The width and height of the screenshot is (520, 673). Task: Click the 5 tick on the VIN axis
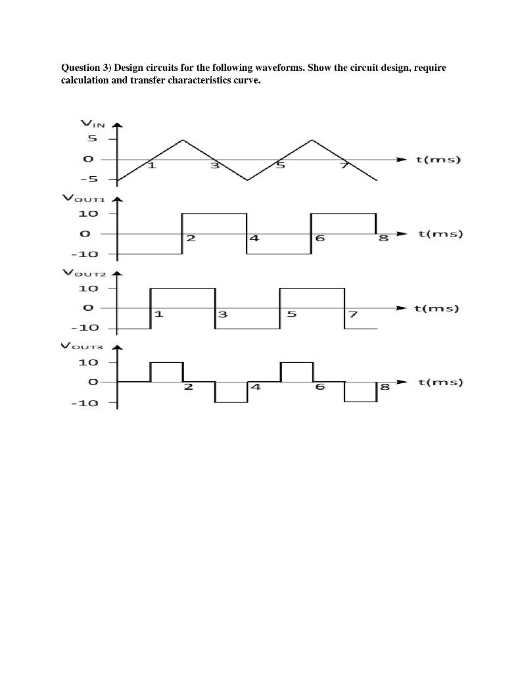pyautogui.click(x=92, y=139)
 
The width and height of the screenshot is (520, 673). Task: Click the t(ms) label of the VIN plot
pyautogui.click(x=439, y=160)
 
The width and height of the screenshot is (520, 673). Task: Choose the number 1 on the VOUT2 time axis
pyautogui.click(x=158, y=313)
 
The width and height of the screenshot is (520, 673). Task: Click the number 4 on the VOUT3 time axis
pyautogui.click(x=255, y=387)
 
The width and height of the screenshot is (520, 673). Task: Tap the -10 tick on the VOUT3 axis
pyautogui.click(x=85, y=402)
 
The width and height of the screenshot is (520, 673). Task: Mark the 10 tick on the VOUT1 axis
pyautogui.click(x=88, y=214)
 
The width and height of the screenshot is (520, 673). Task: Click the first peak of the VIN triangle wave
pyautogui.click(x=183, y=140)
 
